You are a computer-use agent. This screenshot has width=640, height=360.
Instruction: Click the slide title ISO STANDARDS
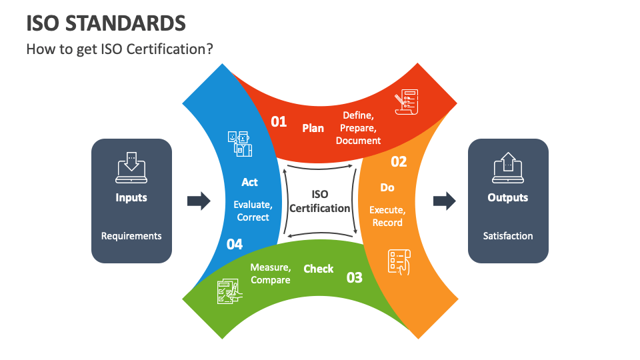point(106,23)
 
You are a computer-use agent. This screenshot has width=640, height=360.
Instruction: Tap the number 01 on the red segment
point(279,121)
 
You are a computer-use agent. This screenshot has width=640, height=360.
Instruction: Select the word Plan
point(313,128)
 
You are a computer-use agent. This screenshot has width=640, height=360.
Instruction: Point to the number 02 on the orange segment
point(399,161)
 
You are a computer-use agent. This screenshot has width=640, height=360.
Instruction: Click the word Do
point(387,187)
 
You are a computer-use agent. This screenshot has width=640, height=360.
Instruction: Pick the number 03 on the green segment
point(355,277)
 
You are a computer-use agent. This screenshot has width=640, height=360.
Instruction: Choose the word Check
point(319,269)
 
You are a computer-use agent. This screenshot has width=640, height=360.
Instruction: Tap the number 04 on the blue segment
point(235,244)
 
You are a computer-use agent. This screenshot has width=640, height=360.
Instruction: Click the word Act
point(250,182)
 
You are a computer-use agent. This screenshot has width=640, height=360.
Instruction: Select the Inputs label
point(131,197)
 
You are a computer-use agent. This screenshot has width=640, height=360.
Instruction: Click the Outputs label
point(508,197)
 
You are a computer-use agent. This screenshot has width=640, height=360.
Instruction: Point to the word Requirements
point(131,236)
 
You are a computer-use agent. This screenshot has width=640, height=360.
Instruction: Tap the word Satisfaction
point(508,236)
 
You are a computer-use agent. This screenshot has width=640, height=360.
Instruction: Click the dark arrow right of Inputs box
point(199,201)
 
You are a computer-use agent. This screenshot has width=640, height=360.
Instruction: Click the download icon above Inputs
point(131,167)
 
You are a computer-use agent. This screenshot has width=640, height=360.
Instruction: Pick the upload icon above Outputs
point(508,167)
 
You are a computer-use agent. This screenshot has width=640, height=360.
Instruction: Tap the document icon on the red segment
point(406,102)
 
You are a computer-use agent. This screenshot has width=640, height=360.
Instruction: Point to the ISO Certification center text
point(320,201)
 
